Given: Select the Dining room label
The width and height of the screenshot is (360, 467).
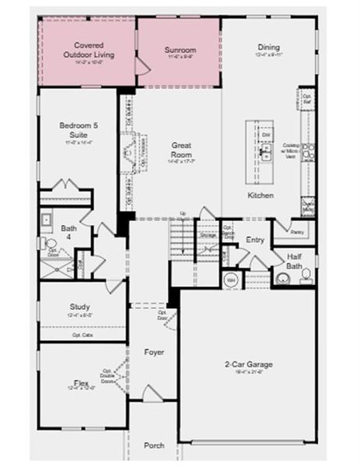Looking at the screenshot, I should [268, 47].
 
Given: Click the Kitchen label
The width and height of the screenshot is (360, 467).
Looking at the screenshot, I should [260, 195].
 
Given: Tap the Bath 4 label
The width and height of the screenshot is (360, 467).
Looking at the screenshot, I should [68, 232].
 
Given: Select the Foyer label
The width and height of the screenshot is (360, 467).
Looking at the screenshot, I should [154, 353].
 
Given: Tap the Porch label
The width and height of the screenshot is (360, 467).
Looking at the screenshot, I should [154, 445].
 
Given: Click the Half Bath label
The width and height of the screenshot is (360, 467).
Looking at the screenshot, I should [295, 260].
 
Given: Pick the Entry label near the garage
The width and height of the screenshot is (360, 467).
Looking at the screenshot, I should [255, 240].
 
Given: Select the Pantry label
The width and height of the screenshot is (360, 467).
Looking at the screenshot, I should [296, 231].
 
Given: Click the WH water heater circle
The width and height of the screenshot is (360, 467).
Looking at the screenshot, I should [231, 279].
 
